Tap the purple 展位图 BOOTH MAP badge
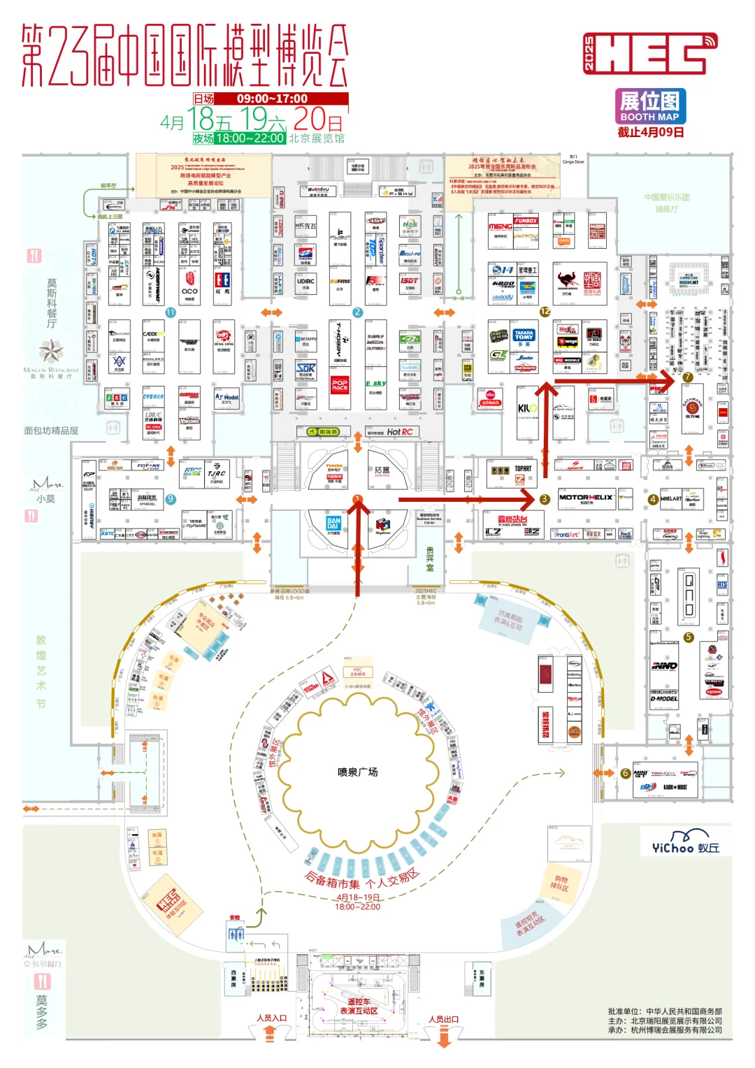[x=649, y=106]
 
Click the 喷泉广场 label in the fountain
[x=357, y=772]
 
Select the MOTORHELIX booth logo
[x=586, y=498]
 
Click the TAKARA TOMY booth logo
[x=524, y=335]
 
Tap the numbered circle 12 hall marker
[x=545, y=312]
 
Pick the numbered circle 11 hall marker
[x=171, y=312]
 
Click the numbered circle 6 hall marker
[x=626, y=773]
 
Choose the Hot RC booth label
[x=399, y=432]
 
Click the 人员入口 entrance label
[x=271, y=1018]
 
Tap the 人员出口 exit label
[x=444, y=1019]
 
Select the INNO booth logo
[x=664, y=665]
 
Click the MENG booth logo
[x=501, y=226]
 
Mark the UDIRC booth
[x=305, y=282]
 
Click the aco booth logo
[x=189, y=291]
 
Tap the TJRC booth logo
[x=217, y=473]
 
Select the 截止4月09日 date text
[x=650, y=132]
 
